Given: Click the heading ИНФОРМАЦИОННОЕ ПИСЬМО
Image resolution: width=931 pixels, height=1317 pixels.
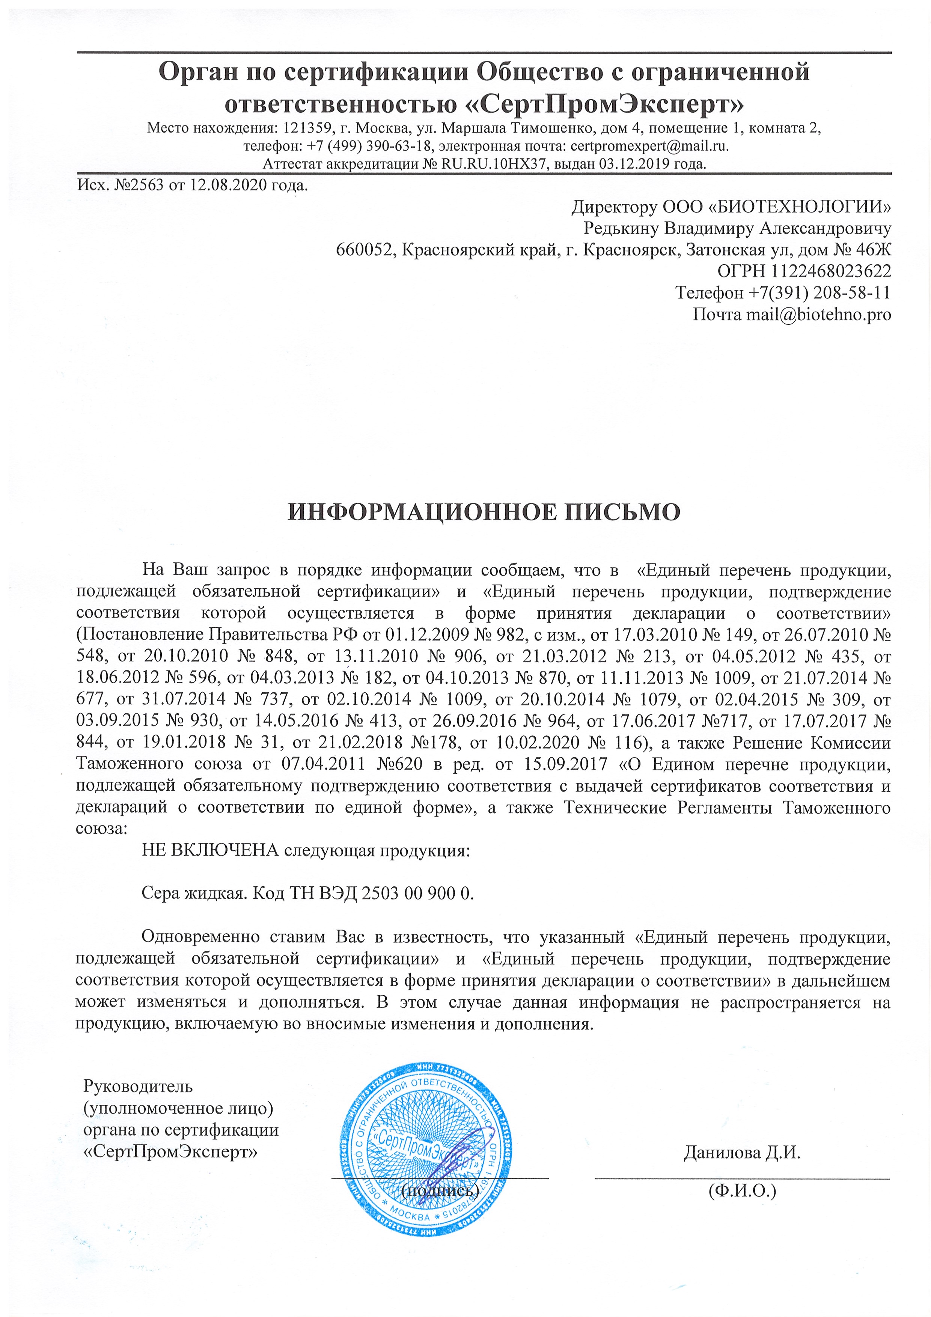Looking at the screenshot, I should [x=484, y=512].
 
